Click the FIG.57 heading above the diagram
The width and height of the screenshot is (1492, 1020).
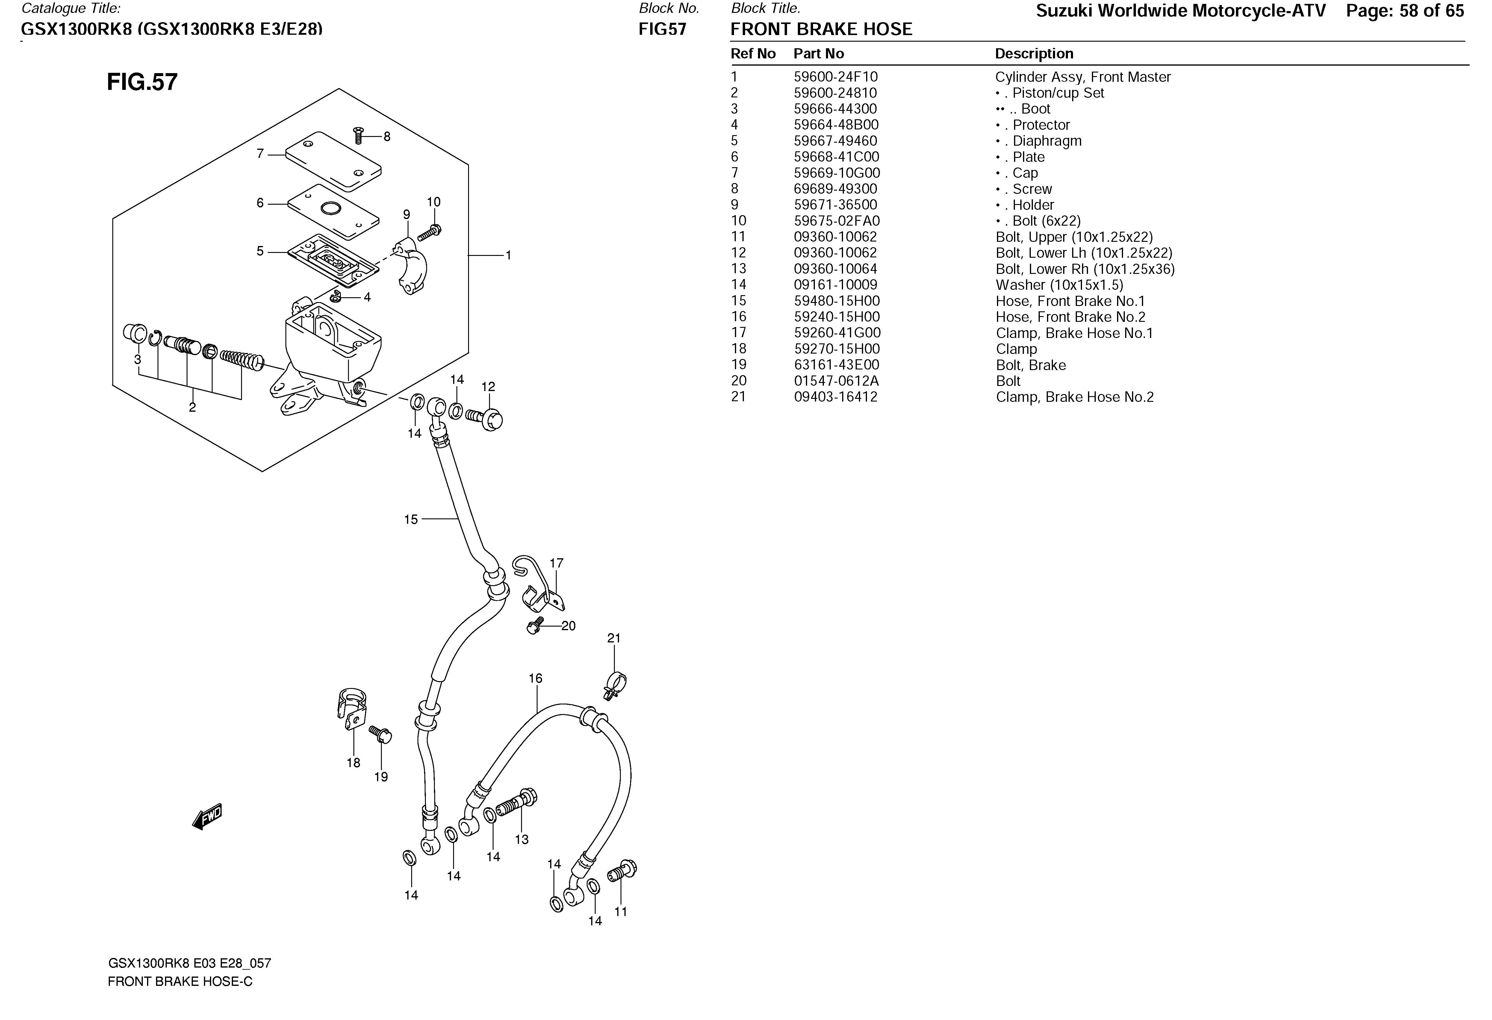pos(142,82)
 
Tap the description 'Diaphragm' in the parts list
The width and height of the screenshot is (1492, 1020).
pos(1046,141)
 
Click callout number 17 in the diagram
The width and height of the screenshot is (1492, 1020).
pos(556,563)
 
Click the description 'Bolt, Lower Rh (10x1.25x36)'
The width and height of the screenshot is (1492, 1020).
pos(1085,269)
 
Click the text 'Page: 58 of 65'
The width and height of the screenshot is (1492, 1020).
pos(1405,11)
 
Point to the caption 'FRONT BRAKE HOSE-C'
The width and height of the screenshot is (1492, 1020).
pos(180,981)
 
